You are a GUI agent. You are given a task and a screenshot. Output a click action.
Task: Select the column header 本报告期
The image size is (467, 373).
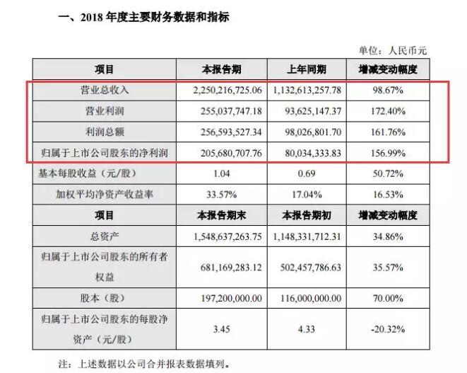[222, 69]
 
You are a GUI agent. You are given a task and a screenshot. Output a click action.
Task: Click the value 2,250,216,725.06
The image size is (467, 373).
[222, 91]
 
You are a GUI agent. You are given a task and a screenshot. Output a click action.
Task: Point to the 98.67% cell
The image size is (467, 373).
[384, 91]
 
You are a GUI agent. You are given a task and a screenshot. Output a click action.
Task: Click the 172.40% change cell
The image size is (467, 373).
[384, 111]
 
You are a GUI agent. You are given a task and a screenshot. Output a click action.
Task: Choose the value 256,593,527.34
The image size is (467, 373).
[222, 132]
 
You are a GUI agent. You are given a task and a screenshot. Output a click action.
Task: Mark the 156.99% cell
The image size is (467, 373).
[384, 152]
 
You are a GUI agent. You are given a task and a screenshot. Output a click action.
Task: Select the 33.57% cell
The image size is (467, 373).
[222, 193]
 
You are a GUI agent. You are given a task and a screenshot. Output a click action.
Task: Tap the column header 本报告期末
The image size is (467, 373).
[222, 214]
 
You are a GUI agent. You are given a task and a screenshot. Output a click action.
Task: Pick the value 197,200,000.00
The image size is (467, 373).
[222, 299]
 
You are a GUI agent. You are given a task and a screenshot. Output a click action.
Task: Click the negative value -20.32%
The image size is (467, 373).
[384, 330]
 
